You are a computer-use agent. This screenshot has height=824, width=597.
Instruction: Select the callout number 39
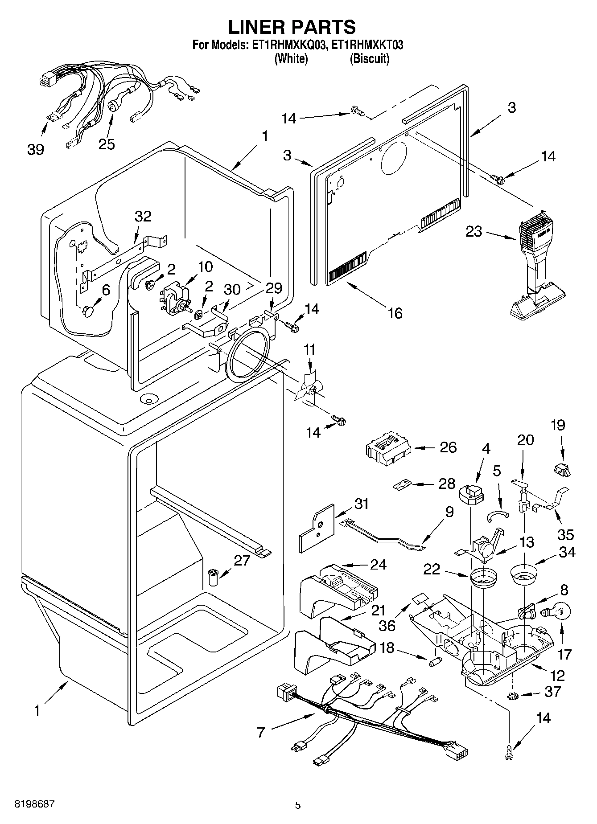coord(36,149)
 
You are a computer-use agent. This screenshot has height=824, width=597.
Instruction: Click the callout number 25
coord(107,143)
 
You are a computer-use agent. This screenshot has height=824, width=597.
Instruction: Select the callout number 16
coord(395,313)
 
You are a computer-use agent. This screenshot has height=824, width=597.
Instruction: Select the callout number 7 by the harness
coord(261,731)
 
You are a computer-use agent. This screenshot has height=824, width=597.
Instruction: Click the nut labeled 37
coord(511,696)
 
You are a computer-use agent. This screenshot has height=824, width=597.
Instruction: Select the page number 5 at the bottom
coord(298,805)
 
